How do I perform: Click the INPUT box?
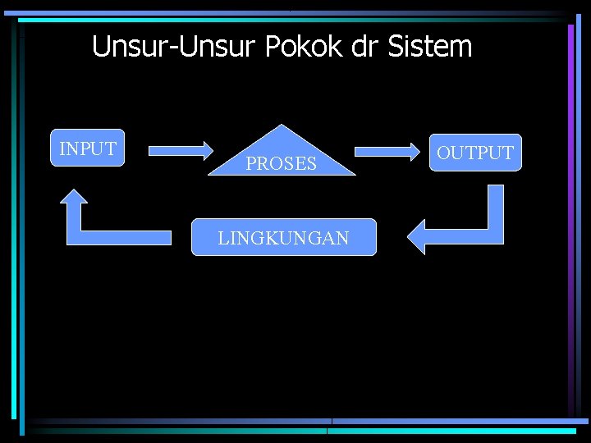88,148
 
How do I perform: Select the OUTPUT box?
474,153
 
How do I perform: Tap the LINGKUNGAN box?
283,238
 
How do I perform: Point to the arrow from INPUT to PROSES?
180,150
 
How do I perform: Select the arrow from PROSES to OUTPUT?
387,151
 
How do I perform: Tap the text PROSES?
282,164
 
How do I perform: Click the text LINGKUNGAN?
283,239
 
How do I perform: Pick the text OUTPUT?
475,153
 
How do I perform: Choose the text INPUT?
88,149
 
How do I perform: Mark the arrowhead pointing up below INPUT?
75,199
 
